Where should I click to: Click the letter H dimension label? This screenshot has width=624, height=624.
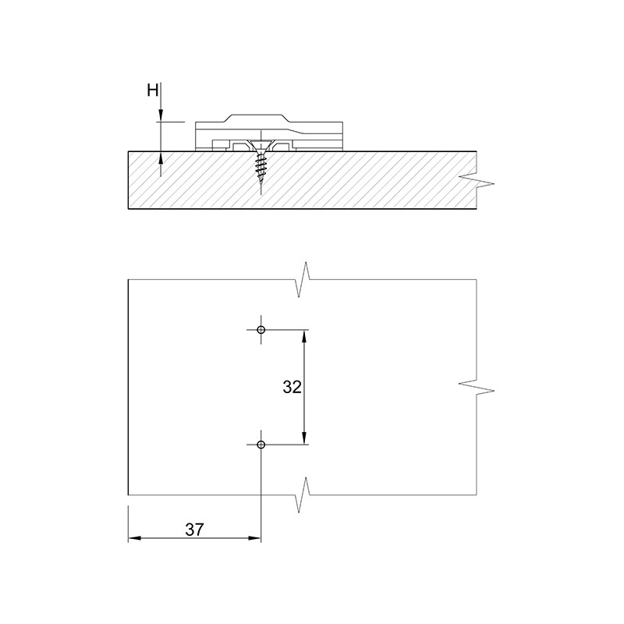[x=153, y=90]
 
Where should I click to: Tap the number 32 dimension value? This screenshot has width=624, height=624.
[x=292, y=387]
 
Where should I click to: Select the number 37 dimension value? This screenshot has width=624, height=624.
[x=194, y=530]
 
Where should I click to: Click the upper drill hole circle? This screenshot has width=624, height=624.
[x=261, y=330]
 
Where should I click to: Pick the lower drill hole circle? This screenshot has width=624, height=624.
[x=261, y=445]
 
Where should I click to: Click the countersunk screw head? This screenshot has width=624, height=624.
[x=261, y=145]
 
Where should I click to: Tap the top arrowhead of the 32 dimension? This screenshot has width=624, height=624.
[x=304, y=336]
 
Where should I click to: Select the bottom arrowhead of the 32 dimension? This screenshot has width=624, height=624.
[x=304, y=438]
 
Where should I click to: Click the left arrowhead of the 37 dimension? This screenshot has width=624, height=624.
[x=134, y=538]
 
